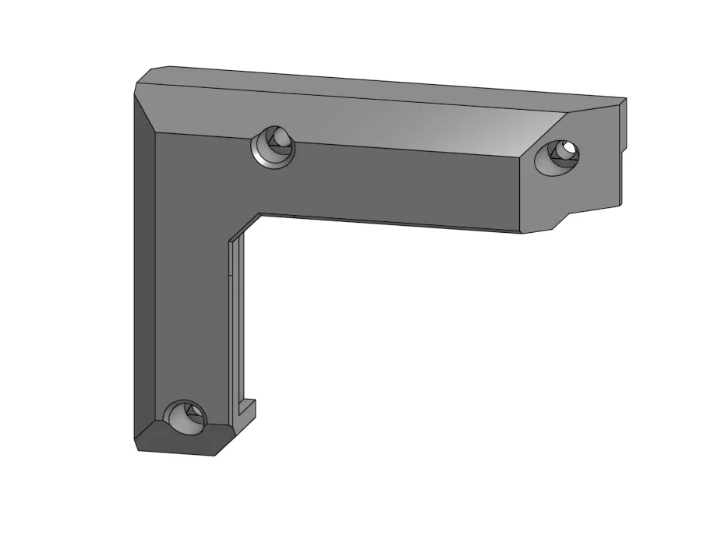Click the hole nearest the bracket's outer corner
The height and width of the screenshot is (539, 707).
click(x=274, y=146)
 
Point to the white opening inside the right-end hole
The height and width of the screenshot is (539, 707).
click(x=571, y=146)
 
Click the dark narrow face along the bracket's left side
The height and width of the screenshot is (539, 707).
click(x=144, y=273)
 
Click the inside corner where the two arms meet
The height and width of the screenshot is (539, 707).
click(x=259, y=216)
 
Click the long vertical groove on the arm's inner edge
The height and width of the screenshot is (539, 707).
click(x=235, y=327)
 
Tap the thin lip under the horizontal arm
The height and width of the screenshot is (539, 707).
click(x=390, y=222)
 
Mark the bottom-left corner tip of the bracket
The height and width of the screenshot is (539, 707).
click(x=138, y=449)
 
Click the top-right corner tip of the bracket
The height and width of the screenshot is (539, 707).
click(x=625, y=100)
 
